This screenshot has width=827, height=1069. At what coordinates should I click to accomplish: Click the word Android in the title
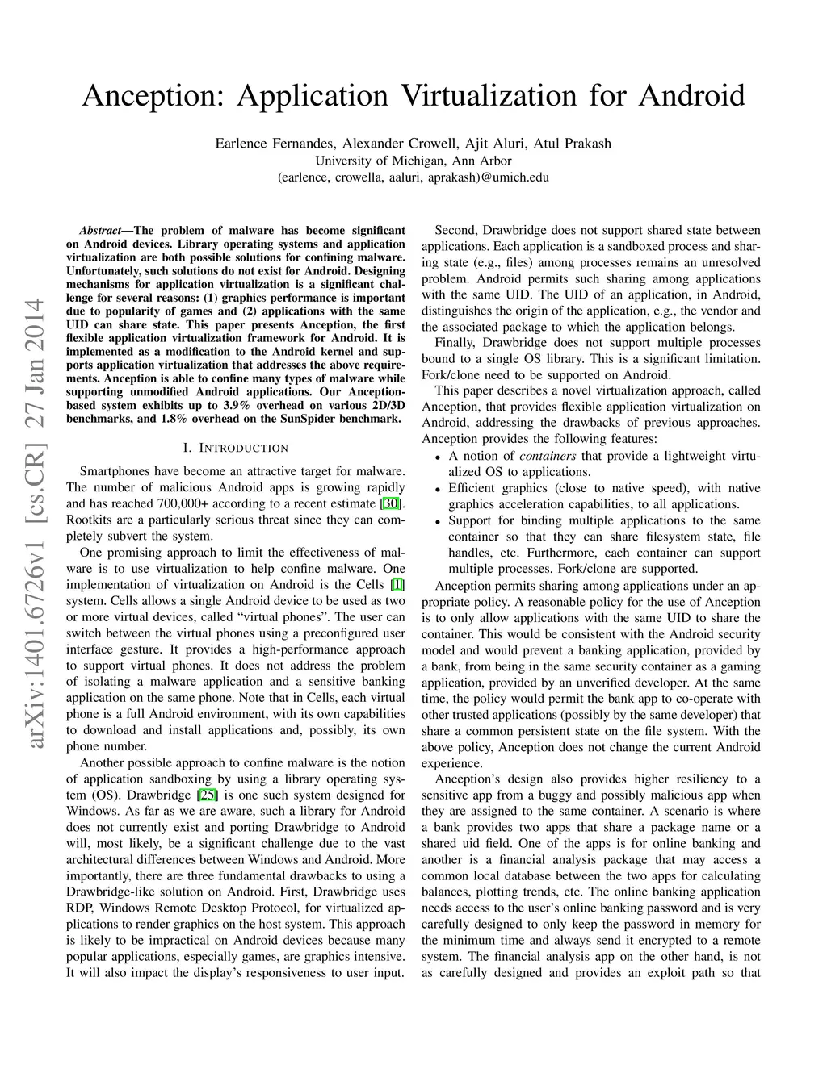click(691, 96)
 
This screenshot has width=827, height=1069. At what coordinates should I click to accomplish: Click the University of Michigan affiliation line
click(413, 161)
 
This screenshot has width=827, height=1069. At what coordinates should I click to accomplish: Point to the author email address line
click(413, 177)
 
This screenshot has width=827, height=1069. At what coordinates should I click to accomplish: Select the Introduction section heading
click(235, 448)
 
